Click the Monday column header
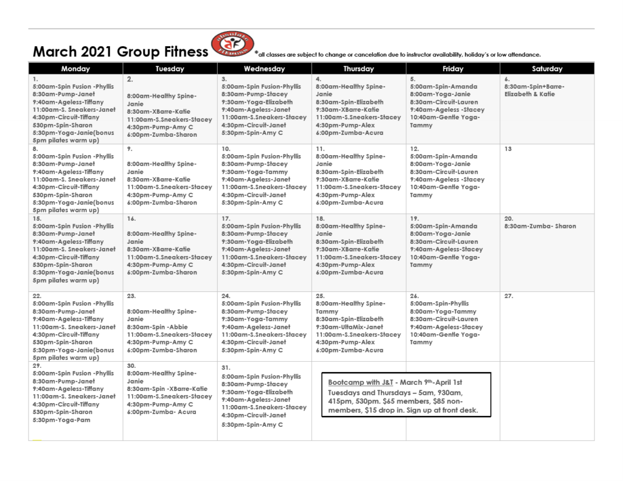[x=75, y=69]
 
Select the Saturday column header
[x=547, y=69]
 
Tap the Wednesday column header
[x=264, y=69]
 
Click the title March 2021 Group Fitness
[x=120, y=52]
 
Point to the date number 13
[x=508, y=149]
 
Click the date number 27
[x=509, y=296]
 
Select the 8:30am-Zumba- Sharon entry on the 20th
[x=540, y=226]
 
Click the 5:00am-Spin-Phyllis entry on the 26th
[x=444, y=303]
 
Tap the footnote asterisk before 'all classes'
[x=256, y=52]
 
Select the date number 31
[x=225, y=368]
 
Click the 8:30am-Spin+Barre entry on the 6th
[x=534, y=87]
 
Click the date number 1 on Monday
[x=35, y=79]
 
